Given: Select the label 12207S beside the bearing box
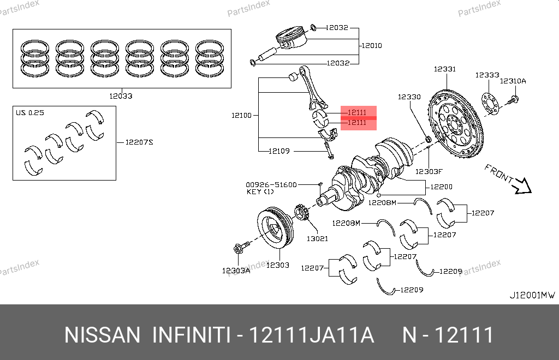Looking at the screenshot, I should tap(139, 142).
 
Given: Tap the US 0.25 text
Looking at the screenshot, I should tap(29, 113).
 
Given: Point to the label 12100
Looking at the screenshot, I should tap(241, 115).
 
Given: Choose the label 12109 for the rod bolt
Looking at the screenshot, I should tap(279, 151).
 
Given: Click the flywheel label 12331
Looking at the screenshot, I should tap(445, 69).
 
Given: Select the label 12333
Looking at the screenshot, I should tap(487, 75).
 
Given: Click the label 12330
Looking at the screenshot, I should tap(409, 97).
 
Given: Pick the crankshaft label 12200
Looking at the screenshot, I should tap(441, 187).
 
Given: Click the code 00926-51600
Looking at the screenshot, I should tap(271, 184).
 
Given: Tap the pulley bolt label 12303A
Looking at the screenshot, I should tap(236, 270).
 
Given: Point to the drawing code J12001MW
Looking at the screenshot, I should tap(532, 295).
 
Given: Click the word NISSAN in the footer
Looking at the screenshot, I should tap(103, 335).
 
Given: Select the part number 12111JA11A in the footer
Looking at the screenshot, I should tap(312, 335).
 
